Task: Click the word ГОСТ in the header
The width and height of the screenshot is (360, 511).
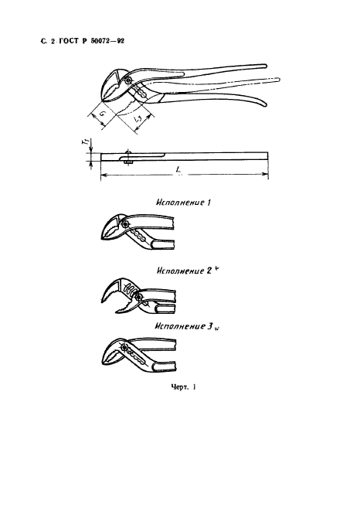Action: pos(69,41)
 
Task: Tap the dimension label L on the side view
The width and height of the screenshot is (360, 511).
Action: pos(178,170)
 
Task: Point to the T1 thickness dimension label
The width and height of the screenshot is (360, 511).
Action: pos(85,142)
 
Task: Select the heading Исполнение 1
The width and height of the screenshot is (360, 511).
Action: pos(183,203)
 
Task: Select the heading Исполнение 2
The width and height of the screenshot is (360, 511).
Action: pos(184,271)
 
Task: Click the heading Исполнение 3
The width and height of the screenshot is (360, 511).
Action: pos(184,326)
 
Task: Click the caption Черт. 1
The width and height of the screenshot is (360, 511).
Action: pos(183,387)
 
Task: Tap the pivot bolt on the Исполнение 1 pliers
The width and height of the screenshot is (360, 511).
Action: pos(125,224)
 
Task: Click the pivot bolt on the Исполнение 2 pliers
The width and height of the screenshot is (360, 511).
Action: pos(140,296)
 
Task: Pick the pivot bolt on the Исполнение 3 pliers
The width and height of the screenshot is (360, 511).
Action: pos(124,347)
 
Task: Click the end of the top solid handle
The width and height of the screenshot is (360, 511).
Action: pos(265,66)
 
